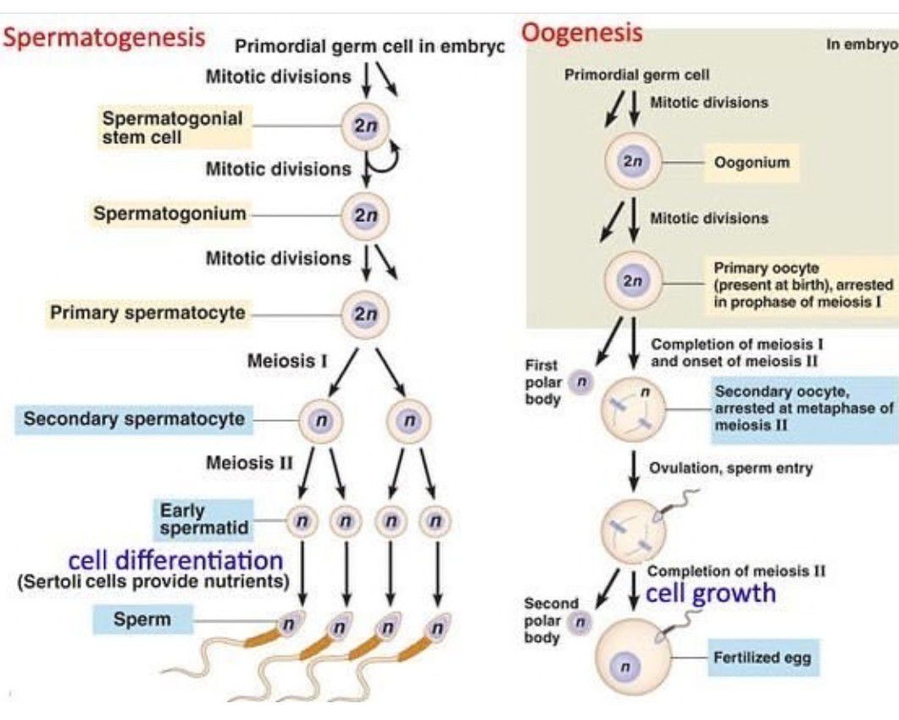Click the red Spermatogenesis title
104,37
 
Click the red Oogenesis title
581,34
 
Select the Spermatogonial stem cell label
172,127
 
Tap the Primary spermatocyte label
147,313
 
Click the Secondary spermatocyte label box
134,418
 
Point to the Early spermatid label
204,519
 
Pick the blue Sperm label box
142,619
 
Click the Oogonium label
752,162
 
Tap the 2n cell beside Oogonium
631,161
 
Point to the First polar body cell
580,383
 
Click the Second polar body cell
580,623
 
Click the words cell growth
710,593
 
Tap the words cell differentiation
175,560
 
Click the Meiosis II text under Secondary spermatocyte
249,462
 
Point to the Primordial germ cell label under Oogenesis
636,75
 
